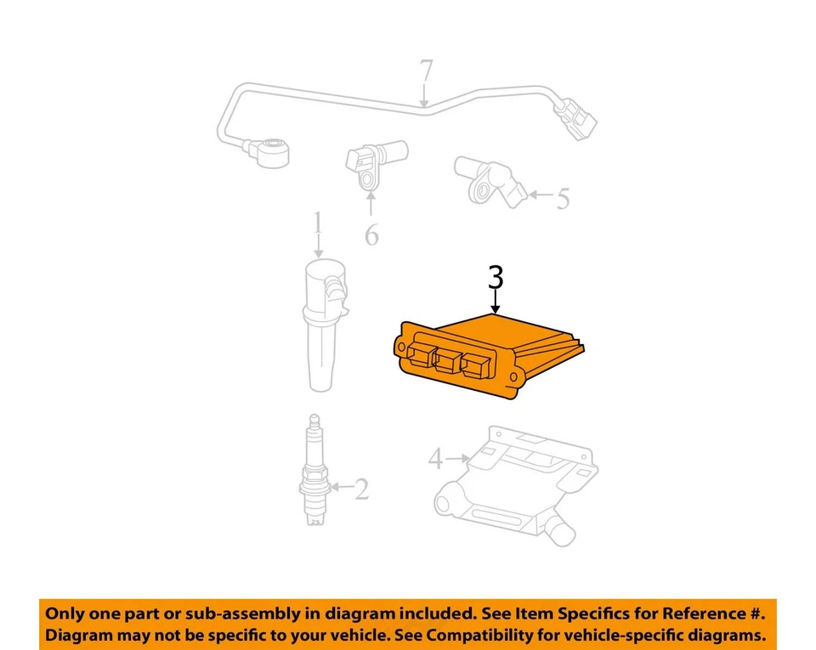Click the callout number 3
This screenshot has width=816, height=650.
pos(496,278)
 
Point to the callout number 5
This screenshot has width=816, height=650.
pos(562,199)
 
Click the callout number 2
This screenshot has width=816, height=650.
pos(361,489)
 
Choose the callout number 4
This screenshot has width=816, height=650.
pos(435,460)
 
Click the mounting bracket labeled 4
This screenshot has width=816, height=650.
pos(510,484)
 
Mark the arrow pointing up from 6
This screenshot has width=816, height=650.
pos(371,204)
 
